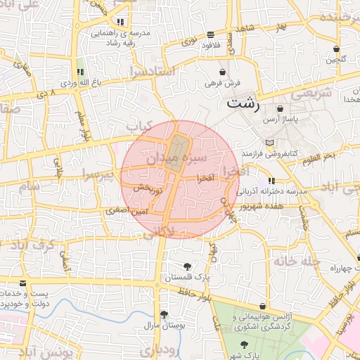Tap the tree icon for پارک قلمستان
pos(187,266)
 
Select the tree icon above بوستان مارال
pos(164,314)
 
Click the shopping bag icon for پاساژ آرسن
pos(281,110)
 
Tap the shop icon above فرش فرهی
pos(223,72)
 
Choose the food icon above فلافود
pos(211,34)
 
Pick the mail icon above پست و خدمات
pos(23,283)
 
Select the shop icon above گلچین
pos(337,49)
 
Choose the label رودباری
pos(162,349)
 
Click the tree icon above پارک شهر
pos(243,344)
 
